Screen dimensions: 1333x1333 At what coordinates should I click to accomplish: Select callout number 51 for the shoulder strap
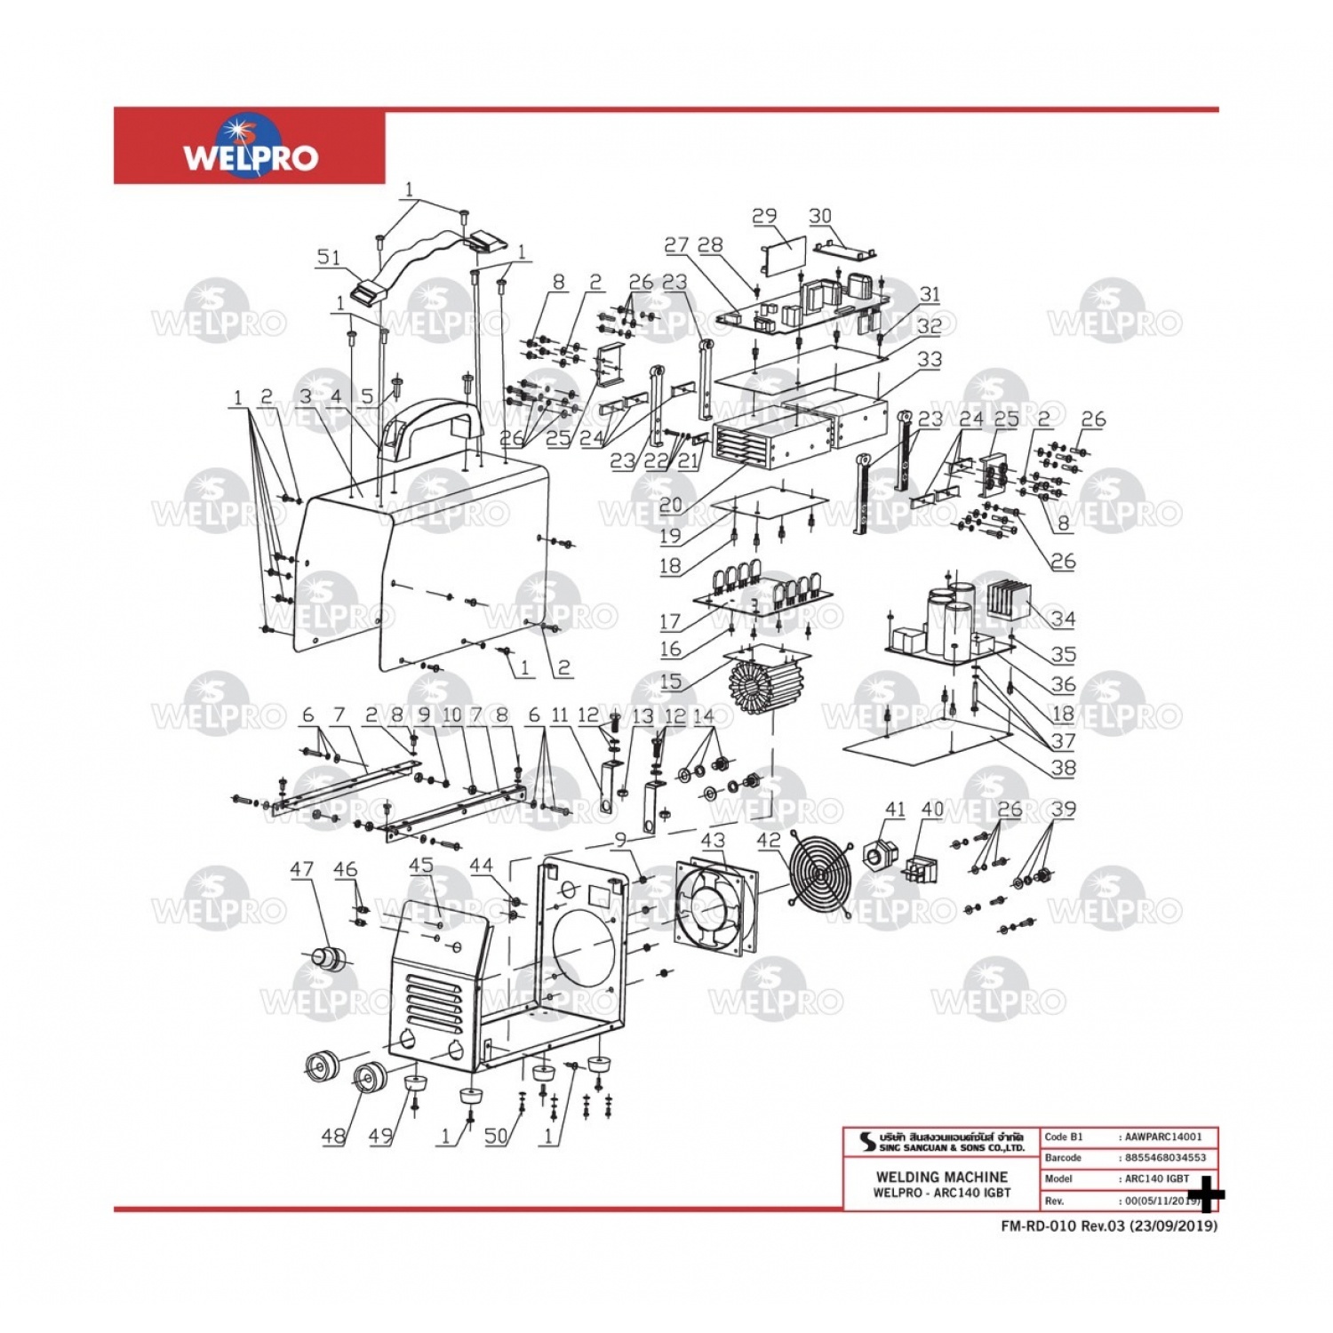[x=329, y=257]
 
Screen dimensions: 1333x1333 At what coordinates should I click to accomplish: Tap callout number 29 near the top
[x=764, y=216]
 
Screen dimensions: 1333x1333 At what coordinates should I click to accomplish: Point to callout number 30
[x=820, y=216]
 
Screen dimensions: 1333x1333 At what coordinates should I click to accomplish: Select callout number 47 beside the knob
[x=302, y=868]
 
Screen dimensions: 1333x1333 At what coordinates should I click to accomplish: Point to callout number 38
[x=1063, y=767]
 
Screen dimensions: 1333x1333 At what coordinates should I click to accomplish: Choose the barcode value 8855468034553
[x=1165, y=1158]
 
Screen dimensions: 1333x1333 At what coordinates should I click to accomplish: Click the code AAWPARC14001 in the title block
[x=1163, y=1137]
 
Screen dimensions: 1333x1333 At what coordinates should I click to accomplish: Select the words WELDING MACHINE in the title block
[x=941, y=1177]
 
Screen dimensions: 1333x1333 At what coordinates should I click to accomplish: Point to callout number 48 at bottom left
[x=333, y=1136]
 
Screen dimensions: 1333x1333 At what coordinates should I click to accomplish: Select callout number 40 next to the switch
[x=932, y=810]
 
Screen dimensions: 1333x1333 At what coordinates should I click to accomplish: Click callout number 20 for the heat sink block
[x=671, y=505]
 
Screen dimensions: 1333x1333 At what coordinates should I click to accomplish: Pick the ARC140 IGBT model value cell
[x=1157, y=1179]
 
